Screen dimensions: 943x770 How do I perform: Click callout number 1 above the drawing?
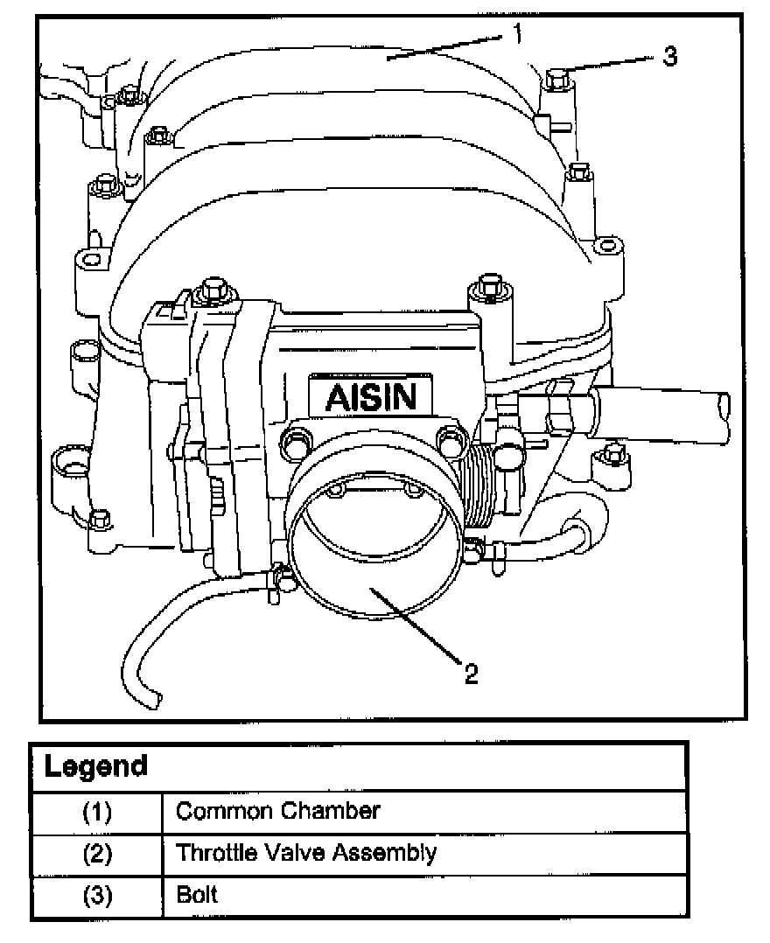tap(518, 34)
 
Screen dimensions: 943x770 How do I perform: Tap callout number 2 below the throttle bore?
tap(471, 673)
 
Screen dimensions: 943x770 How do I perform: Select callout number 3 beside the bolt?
tap(668, 57)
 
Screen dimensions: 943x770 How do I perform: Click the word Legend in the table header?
tap(96, 767)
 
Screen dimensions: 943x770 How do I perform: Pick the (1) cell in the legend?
tap(97, 812)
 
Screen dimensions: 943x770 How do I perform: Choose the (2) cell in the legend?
tap(97, 853)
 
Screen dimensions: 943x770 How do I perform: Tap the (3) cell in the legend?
tap(97, 895)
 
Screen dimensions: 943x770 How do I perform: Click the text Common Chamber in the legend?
tap(277, 811)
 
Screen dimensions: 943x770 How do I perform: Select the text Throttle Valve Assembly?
tap(305, 852)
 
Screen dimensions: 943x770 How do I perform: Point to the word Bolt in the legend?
tap(197, 894)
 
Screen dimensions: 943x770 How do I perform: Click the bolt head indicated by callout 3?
tap(555, 80)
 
